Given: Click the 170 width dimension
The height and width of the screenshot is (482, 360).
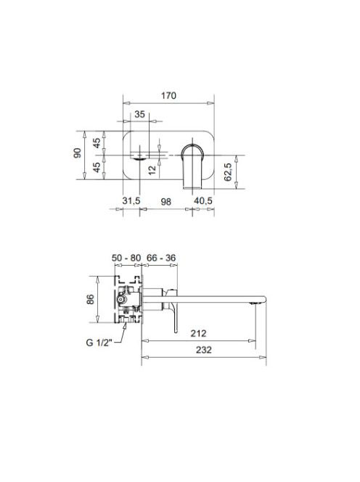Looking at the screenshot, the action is pos(169,96).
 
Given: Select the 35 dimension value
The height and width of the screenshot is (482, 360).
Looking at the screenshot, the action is pos(139,115).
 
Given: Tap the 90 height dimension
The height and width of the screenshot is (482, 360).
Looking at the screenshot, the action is pos(78,152).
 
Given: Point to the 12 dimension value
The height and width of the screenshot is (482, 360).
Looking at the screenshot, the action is pos(152,170).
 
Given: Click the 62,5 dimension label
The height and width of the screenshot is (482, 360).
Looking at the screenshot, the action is pos(228,172).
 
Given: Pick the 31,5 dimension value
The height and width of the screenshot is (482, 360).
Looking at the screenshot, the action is pos(131,201).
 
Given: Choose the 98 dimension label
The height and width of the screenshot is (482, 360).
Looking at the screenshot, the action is pos(165,202).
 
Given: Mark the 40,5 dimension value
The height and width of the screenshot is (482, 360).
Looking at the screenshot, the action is pos(203,201).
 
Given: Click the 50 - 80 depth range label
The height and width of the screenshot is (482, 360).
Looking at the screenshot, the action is pos(126,258).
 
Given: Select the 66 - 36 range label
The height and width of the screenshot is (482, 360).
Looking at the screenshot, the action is pos(161,258).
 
